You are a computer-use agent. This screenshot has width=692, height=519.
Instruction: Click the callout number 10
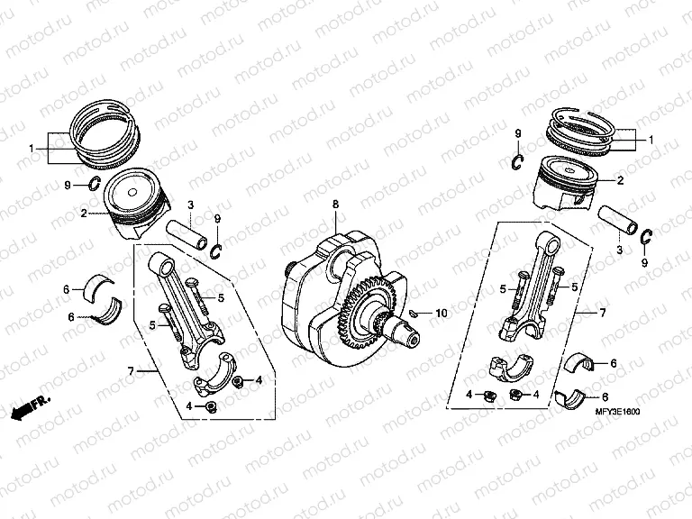click(441, 314)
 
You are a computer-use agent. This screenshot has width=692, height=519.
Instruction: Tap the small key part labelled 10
click(413, 313)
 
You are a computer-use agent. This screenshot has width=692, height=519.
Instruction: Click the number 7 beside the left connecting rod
click(131, 371)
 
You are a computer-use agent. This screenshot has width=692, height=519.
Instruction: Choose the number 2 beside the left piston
click(83, 214)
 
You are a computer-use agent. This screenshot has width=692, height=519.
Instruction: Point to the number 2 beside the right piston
click(620, 180)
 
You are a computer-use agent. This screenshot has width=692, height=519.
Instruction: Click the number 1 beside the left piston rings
click(31, 148)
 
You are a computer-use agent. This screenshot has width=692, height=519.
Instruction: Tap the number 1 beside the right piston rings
click(652, 140)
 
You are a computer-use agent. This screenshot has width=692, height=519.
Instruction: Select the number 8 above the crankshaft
click(335, 205)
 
